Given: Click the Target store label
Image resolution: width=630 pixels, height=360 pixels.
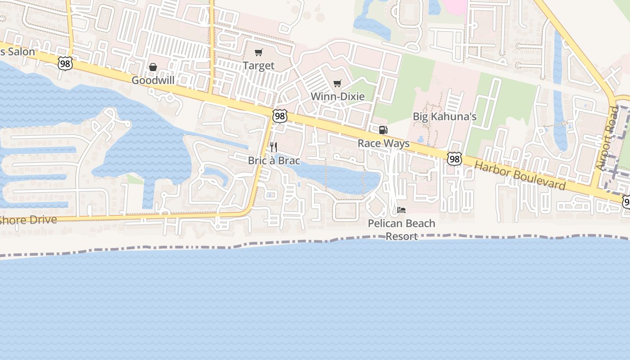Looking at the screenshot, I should [x=258, y=66].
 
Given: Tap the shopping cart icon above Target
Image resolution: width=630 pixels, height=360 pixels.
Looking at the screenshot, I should [x=258, y=53].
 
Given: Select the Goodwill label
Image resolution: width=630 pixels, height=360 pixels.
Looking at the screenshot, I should [x=153, y=80].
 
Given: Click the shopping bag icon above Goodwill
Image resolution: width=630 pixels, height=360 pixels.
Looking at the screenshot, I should [x=153, y=67].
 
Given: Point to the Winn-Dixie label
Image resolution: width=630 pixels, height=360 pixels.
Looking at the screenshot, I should [x=337, y=96].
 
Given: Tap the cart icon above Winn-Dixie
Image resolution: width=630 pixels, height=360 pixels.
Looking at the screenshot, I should [x=337, y=83].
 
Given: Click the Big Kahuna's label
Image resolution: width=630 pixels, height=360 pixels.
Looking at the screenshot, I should [x=445, y=117].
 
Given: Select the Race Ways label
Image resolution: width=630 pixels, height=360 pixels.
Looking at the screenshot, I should [x=383, y=144].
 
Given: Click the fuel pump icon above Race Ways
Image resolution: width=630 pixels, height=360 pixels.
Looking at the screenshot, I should [x=383, y=130].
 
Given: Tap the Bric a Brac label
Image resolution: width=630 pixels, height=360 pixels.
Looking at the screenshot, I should [x=274, y=161].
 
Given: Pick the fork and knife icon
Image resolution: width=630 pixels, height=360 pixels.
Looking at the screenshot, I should [x=273, y=147].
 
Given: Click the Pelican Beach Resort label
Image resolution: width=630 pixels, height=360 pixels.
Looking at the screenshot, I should [x=401, y=229].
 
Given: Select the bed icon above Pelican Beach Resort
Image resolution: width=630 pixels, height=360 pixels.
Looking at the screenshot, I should [x=401, y=210].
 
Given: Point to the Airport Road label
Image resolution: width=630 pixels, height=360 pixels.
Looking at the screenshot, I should [x=607, y=139].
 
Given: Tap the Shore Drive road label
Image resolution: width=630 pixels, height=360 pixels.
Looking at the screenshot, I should [x=29, y=220].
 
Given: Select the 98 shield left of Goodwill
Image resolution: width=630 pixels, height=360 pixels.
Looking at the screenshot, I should [x=65, y=64].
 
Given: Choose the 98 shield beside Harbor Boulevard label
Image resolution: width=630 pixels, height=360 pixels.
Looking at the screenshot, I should [x=454, y=158].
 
